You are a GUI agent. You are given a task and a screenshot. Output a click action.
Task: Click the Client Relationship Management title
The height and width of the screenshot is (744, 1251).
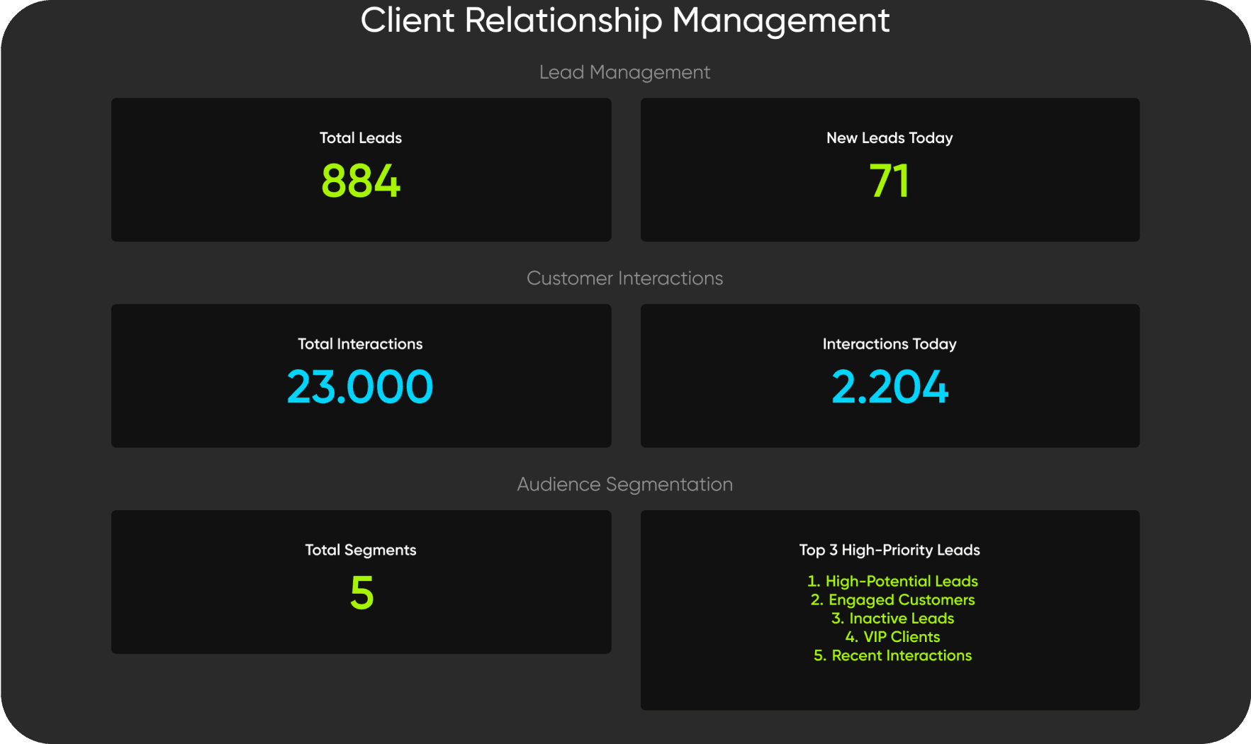pos(624,20)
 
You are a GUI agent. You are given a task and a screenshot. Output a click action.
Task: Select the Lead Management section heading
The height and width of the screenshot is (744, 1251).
pos(624,72)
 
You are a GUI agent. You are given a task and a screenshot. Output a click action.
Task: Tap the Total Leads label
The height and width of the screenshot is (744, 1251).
pos(360,138)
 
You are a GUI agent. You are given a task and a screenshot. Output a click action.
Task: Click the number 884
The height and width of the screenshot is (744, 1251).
pos(360,181)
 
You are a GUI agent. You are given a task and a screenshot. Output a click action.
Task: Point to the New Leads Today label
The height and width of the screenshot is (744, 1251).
pos(889,138)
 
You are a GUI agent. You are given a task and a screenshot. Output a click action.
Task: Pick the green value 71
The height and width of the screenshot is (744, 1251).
pos(889,181)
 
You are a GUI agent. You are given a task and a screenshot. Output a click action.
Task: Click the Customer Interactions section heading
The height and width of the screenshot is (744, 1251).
pos(624,278)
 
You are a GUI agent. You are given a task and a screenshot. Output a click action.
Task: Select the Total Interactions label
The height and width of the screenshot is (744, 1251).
pos(360,344)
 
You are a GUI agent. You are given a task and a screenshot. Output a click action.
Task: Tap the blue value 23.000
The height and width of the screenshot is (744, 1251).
pos(360,387)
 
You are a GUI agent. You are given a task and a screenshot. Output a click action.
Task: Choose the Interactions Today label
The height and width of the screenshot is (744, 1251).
pos(889,344)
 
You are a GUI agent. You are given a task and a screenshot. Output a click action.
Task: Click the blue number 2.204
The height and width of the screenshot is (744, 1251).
pos(889,387)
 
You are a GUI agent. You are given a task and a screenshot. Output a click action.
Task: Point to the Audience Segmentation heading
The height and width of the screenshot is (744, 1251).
pos(624,485)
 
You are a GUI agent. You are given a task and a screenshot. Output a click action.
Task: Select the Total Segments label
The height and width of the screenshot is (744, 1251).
pos(360,551)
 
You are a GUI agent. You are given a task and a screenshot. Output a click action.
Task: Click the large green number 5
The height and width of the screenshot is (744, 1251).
pos(361,593)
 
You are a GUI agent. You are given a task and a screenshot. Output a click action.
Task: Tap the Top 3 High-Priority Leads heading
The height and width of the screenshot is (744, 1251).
pos(889,551)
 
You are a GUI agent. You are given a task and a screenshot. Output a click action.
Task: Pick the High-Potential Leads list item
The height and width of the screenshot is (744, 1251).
pos(893,582)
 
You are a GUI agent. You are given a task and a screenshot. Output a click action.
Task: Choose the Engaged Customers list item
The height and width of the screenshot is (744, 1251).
pos(893,600)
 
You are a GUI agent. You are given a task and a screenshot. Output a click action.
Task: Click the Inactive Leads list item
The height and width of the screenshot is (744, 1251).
pos(893,619)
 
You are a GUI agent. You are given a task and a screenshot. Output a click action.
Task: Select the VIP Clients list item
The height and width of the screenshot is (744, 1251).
pos(893,637)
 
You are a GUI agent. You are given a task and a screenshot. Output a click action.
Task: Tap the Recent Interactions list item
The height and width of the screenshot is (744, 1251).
pos(893,655)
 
